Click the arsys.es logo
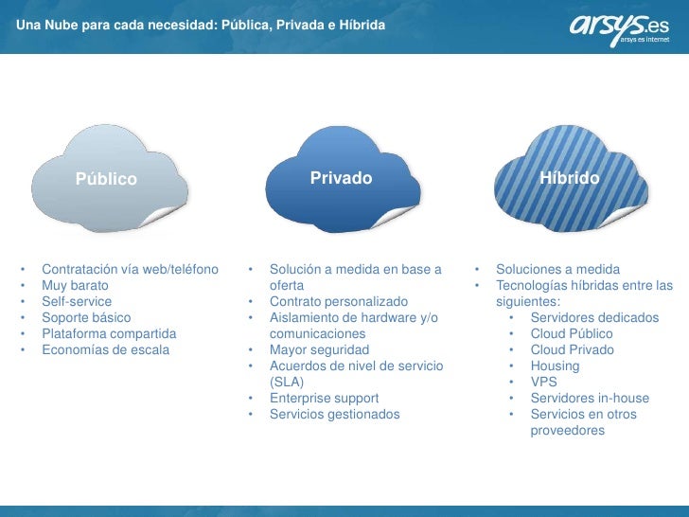coord(619,29)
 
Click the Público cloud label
coord(107,179)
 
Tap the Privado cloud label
coord(341,178)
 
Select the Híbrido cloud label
coord(570,178)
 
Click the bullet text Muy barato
coord(75,285)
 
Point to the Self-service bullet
coord(77,301)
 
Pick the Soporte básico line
coord(86,317)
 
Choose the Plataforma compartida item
coord(109,333)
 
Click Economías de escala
coord(106,349)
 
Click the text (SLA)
coord(285,382)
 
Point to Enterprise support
coord(324,398)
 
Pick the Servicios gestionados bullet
coord(335,414)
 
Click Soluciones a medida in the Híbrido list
coord(558,269)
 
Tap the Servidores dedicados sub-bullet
coord(594,317)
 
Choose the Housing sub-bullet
coord(555,365)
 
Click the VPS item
coord(544,382)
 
